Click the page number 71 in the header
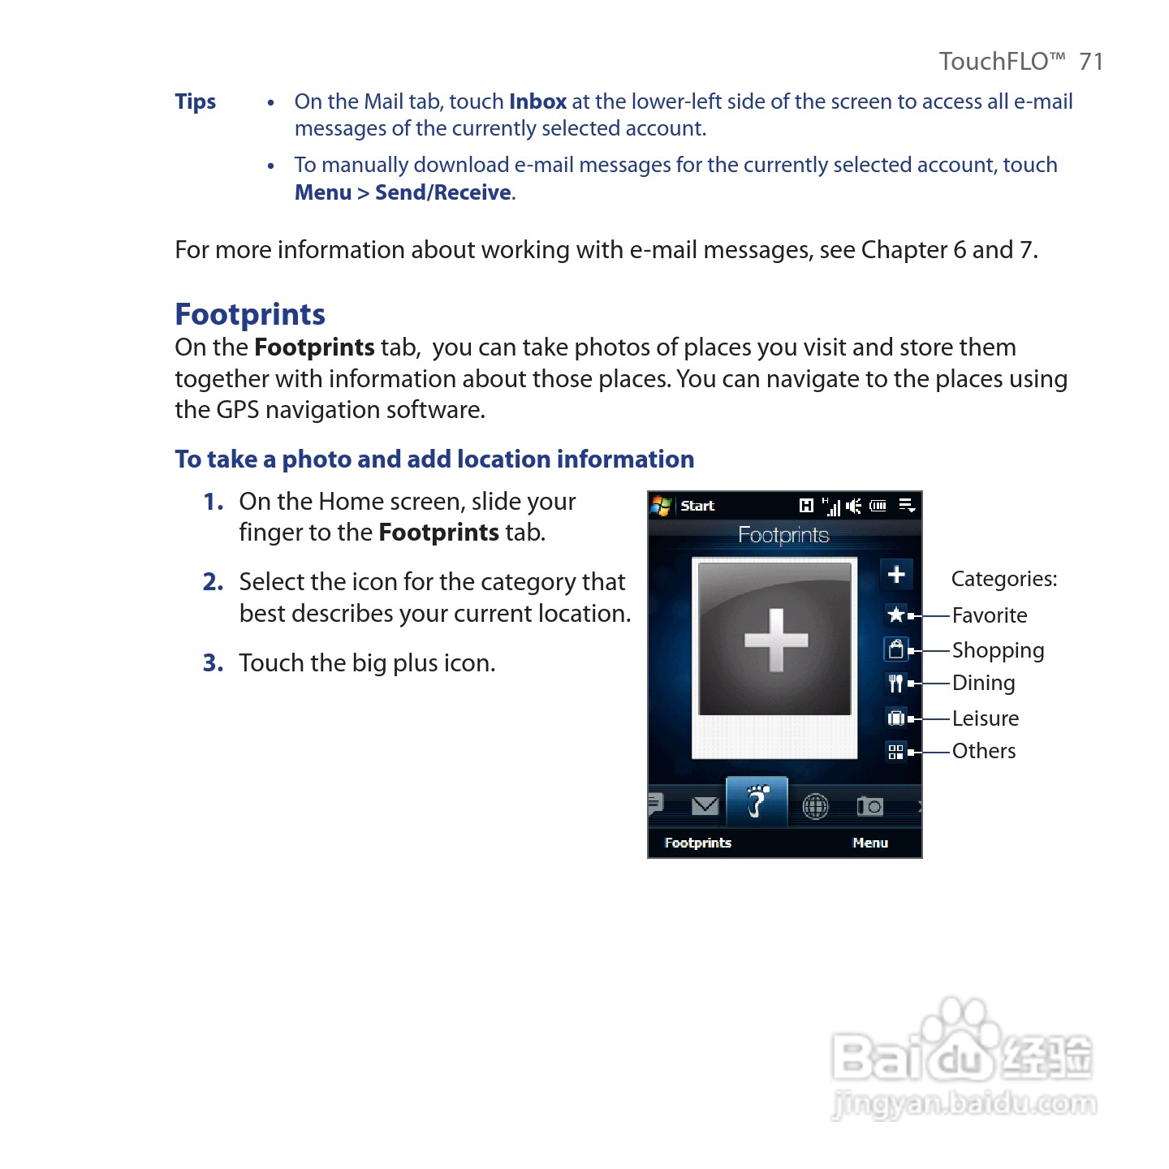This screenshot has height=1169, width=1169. [1090, 62]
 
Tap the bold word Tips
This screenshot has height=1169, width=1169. [195, 101]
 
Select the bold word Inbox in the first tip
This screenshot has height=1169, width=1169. [537, 101]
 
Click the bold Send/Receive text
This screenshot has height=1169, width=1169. [443, 192]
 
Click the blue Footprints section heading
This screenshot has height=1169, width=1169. [250, 314]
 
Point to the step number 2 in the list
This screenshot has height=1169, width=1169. [213, 582]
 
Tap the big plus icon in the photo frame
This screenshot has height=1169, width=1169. [776, 640]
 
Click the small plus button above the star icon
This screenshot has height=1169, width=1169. [896, 575]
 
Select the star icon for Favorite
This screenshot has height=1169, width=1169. [896, 615]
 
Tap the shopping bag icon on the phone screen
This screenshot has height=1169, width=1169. [895, 649]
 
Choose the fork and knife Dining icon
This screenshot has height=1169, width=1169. [895, 684]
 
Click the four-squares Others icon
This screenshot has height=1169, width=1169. [895, 752]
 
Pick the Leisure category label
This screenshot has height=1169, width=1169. [985, 718]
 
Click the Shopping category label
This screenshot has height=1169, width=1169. [998, 650]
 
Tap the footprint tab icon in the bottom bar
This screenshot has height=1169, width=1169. [757, 802]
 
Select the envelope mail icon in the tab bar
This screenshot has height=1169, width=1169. [705, 805]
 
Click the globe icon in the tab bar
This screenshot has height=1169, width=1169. [815, 806]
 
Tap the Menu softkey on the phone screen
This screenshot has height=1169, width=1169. [870, 843]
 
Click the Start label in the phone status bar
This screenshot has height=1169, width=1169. [697, 506]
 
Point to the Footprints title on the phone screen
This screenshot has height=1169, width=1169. [783, 535]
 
